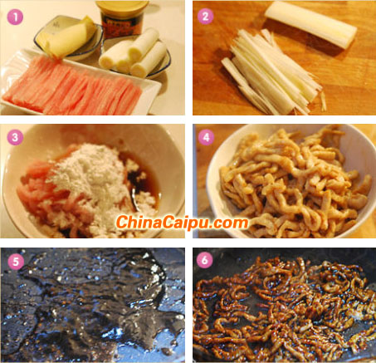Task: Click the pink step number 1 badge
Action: (x=15, y=17)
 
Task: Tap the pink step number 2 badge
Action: (x=205, y=16)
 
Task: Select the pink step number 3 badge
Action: (x=15, y=138)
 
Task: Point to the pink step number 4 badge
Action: (x=206, y=137)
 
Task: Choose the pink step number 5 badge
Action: (x=16, y=262)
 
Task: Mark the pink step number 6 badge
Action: (x=204, y=260)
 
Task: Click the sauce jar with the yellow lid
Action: (x=122, y=19)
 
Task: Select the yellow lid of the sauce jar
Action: (x=122, y=7)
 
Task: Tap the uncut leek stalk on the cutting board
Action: (x=310, y=24)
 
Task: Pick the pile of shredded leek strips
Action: (x=272, y=73)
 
